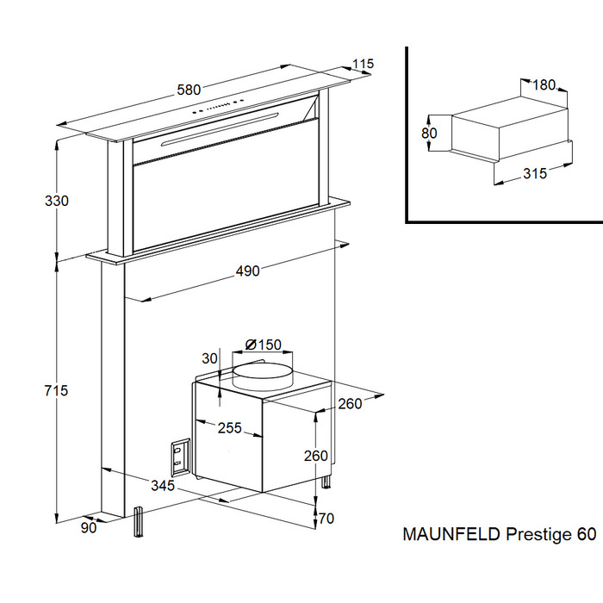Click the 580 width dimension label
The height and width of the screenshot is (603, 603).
(x=189, y=90)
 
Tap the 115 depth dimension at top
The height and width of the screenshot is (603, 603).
(x=363, y=64)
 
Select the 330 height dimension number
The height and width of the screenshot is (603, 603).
(x=57, y=201)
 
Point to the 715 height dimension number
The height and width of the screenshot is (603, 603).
(x=56, y=391)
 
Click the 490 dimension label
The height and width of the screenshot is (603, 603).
(x=248, y=271)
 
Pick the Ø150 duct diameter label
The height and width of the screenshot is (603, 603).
(x=264, y=345)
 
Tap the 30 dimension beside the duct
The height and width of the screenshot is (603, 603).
(x=209, y=358)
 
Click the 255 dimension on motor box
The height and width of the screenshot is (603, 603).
(x=230, y=427)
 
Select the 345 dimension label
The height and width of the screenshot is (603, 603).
(x=163, y=486)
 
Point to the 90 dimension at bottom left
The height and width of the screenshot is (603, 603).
(x=89, y=528)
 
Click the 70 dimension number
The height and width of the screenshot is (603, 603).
(x=326, y=519)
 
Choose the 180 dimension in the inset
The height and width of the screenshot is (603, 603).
(x=544, y=84)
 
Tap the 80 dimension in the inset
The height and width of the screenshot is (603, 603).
(x=429, y=133)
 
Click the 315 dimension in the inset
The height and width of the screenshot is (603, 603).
(x=535, y=173)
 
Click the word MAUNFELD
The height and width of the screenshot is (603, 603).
(x=451, y=534)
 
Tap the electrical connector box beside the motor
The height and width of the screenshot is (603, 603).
(x=180, y=456)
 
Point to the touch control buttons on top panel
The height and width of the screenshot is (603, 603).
(x=218, y=106)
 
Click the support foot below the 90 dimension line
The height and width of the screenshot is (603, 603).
(x=138, y=522)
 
